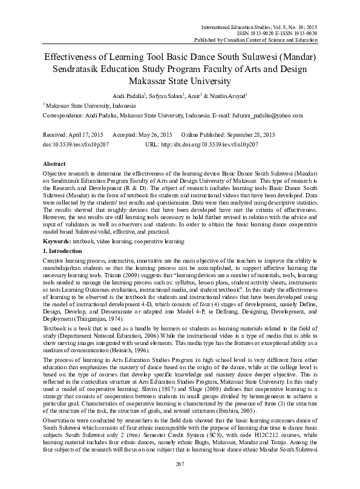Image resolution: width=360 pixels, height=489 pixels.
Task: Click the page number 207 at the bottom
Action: tap(180, 480)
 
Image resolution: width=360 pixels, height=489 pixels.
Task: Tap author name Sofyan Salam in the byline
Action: tap(165, 96)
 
